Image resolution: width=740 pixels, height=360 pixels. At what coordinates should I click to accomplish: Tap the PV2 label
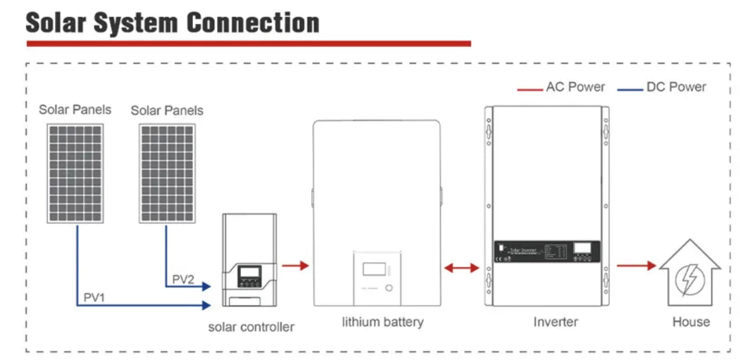pyautogui.click(x=183, y=279)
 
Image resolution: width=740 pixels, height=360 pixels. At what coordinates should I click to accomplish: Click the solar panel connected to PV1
pyautogui.click(x=75, y=172)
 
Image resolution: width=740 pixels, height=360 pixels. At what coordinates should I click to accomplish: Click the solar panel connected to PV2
pyautogui.click(x=167, y=172)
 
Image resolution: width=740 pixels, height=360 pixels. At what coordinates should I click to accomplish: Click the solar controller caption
pyautogui.click(x=251, y=327)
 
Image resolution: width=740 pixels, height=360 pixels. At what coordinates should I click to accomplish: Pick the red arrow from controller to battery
pyautogui.click(x=295, y=266)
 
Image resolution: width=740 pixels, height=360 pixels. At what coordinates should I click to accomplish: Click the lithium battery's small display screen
pyautogui.click(x=373, y=269)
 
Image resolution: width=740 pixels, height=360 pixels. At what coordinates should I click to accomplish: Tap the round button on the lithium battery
pyautogui.click(x=388, y=287)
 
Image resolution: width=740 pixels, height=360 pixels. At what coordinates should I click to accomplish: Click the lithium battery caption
pyautogui.click(x=383, y=322)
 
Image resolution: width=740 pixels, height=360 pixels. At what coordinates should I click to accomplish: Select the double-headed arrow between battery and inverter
pyautogui.click(x=462, y=268)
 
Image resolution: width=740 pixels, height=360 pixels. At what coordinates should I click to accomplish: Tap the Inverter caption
pyautogui.click(x=555, y=322)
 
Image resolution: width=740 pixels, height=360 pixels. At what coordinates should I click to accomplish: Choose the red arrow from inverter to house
pyautogui.click(x=636, y=266)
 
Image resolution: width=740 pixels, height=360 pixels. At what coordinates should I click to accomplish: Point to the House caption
pyautogui.click(x=691, y=322)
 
